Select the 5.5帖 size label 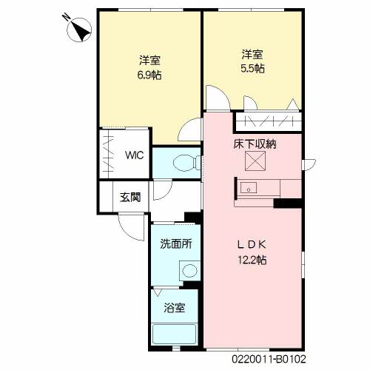pyautogui.click(x=252, y=68)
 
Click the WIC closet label pyautogui.click(x=134, y=155)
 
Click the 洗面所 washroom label pyautogui.click(x=176, y=245)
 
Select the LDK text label pyautogui.click(x=251, y=245)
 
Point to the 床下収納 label pyautogui.click(x=255, y=144)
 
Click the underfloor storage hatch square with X pyautogui.click(x=255, y=162)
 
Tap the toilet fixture pyautogui.click(x=182, y=163)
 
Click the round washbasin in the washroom pyautogui.click(x=189, y=271)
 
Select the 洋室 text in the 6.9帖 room pyautogui.click(x=150, y=59)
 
